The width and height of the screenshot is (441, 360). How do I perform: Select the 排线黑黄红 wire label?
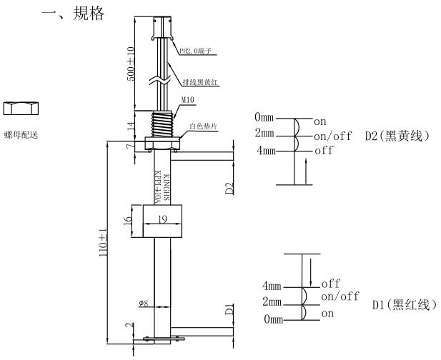(x=202, y=82)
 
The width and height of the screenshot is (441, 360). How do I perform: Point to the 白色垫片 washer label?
(x=202, y=126)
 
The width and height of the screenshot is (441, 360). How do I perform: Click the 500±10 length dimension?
(x=131, y=64)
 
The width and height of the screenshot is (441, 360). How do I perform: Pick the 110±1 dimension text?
(x=102, y=243)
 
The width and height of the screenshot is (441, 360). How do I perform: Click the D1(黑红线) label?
(x=404, y=306)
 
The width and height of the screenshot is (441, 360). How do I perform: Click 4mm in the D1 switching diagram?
(x=274, y=287)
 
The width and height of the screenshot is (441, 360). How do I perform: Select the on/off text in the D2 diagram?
(x=333, y=136)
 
